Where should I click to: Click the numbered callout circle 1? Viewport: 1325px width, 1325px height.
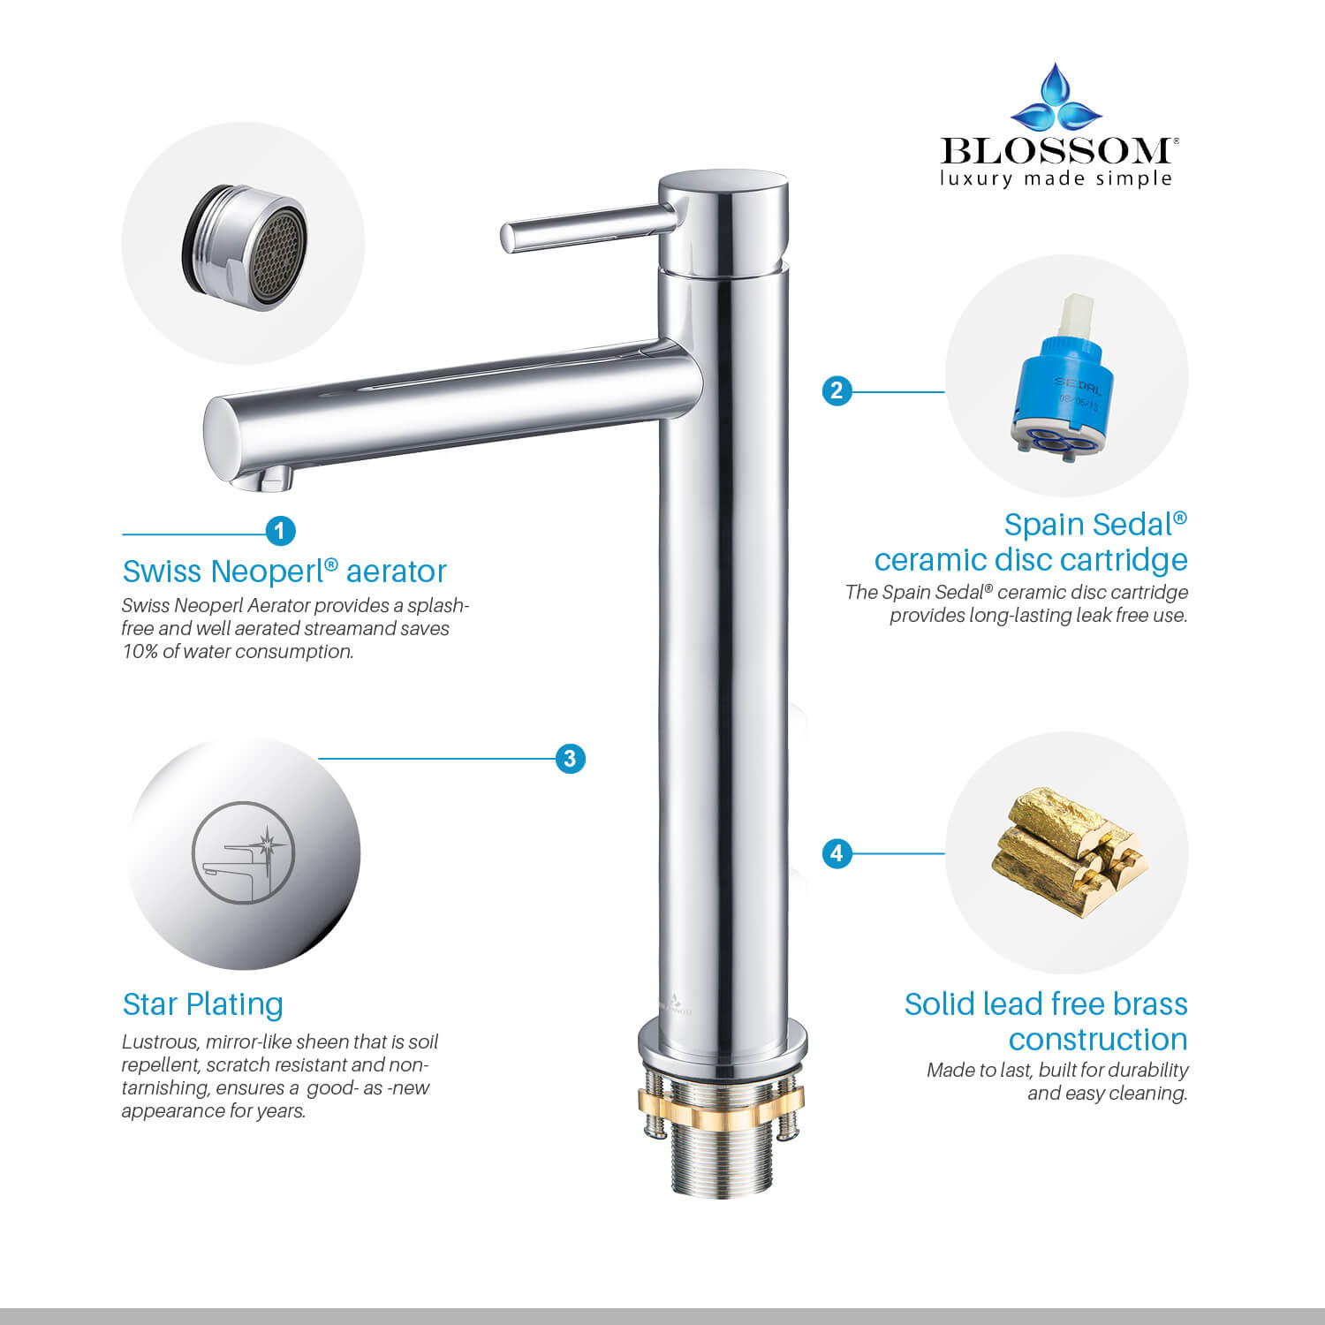tap(280, 531)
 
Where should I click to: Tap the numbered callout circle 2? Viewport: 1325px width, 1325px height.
tap(837, 390)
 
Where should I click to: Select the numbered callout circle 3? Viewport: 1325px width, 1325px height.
tap(570, 758)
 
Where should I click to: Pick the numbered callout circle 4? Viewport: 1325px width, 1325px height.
tap(837, 853)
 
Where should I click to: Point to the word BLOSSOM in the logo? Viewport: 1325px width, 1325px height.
tap(1056, 151)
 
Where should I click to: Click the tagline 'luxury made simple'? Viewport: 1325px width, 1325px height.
tap(1056, 179)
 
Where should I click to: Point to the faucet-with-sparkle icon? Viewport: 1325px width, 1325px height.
tap(243, 852)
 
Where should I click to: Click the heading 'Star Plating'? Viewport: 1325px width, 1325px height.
tap(202, 1004)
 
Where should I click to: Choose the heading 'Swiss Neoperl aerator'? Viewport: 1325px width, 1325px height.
tap(284, 572)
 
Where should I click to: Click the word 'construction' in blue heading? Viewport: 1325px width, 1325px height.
tap(1097, 1040)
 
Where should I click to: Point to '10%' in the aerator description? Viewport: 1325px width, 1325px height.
tap(140, 652)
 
